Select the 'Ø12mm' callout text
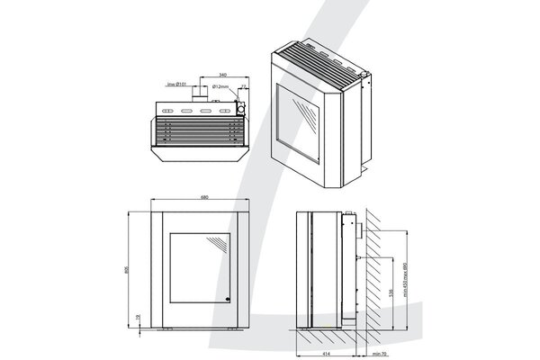coord(220,87)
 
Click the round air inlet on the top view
coord(240,108)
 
